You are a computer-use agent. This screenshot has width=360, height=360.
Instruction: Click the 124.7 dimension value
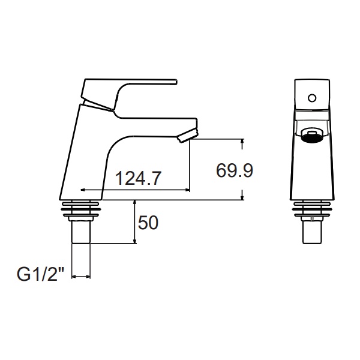point(138,178)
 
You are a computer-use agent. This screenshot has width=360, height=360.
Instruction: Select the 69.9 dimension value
point(235,170)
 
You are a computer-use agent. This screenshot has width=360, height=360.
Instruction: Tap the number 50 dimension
point(148,223)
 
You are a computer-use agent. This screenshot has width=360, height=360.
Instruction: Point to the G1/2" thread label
point(40,275)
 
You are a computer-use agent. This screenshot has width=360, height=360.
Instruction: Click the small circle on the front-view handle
point(312,98)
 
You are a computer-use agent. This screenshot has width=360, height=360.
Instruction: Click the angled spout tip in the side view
point(187,136)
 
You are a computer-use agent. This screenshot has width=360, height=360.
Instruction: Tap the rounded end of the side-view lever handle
point(176,82)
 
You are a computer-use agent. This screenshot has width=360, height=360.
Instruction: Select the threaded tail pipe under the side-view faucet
point(81,232)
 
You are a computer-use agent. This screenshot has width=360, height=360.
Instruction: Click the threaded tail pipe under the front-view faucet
point(312,232)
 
